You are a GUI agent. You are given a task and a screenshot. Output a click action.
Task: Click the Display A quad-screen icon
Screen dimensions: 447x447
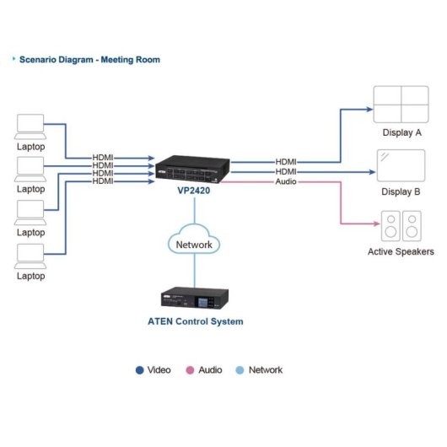401,105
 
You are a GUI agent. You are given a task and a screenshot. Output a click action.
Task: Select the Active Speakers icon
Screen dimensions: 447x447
401,225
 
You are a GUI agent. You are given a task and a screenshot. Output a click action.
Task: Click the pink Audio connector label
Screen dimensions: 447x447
286,182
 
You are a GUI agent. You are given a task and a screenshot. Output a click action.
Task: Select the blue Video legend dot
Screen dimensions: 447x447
139,370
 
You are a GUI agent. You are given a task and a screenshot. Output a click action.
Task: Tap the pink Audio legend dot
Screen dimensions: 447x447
190,370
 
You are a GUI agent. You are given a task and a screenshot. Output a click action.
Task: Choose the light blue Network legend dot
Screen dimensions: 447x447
241,370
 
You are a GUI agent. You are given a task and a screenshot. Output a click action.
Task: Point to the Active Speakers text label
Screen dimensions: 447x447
401,251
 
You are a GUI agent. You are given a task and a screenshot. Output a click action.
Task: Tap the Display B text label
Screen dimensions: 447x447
401,191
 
